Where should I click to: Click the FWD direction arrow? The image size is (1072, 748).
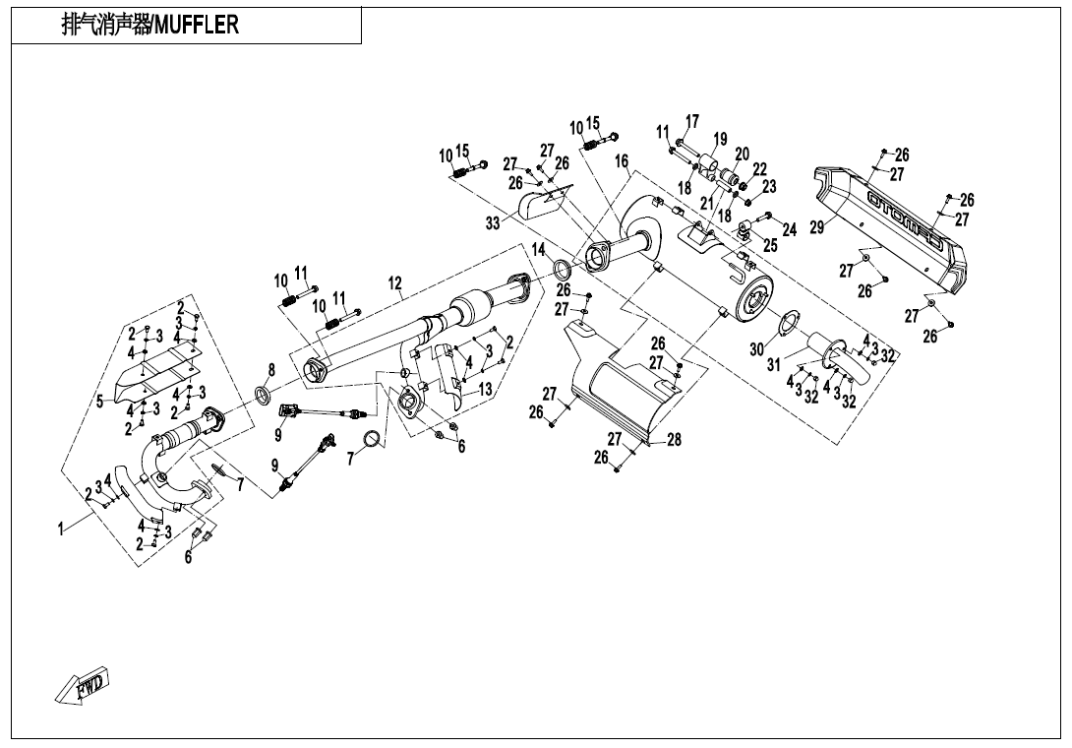[83, 685]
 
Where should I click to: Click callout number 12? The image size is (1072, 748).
[394, 283]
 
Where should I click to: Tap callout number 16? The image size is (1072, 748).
[623, 160]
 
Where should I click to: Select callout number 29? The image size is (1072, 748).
[816, 228]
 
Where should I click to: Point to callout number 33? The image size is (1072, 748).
[492, 223]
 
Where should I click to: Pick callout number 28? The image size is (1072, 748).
[674, 440]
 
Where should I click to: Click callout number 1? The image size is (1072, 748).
[61, 530]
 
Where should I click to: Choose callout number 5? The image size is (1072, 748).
[99, 401]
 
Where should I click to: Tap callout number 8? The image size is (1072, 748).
[270, 369]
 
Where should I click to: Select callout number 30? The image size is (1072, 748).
[757, 349]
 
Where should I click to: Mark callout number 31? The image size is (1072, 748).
[775, 365]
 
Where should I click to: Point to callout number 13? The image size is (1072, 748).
[485, 390]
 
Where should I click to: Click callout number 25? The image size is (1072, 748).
[770, 245]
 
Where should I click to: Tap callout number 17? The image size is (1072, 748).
[692, 121]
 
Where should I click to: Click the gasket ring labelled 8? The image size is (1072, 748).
[264, 396]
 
